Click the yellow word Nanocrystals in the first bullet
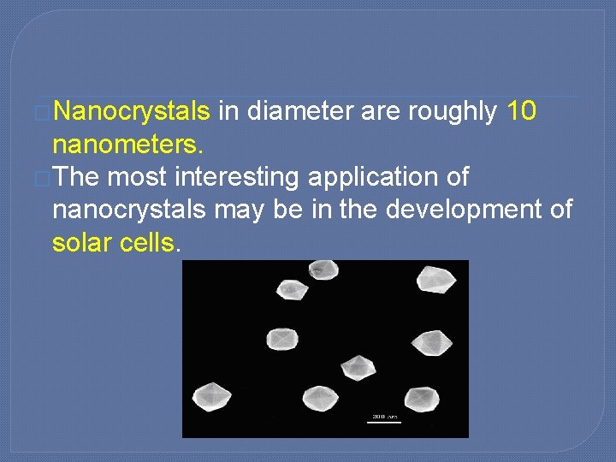pos(136,112)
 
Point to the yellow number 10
pos(522,112)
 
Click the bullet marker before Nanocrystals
pos(44,113)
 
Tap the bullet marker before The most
pos(44,178)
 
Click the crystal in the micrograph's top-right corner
pos(436,279)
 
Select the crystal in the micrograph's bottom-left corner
pos(211,397)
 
